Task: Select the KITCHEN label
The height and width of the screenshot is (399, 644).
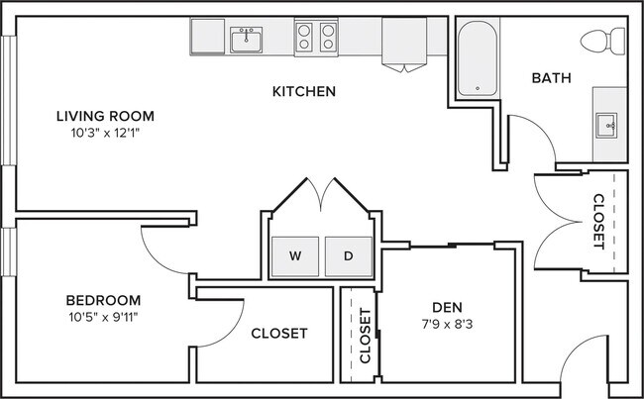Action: (x=304, y=92)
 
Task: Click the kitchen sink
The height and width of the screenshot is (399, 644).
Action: (x=246, y=40)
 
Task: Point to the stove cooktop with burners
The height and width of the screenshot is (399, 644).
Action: (x=317, y=39)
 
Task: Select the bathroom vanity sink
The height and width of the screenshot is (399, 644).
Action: (x=605, y=125)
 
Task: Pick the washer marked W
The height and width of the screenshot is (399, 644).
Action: (x=295, y=255)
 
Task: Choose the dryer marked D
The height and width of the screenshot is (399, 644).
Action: (x=348, y=255)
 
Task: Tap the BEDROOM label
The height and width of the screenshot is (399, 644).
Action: (x=103, y=300)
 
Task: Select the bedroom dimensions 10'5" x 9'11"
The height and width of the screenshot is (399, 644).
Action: (x=103, y=317)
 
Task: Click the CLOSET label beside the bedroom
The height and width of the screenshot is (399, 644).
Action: (x=278, y=333)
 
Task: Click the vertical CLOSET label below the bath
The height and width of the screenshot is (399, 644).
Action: (x=597, y=220)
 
